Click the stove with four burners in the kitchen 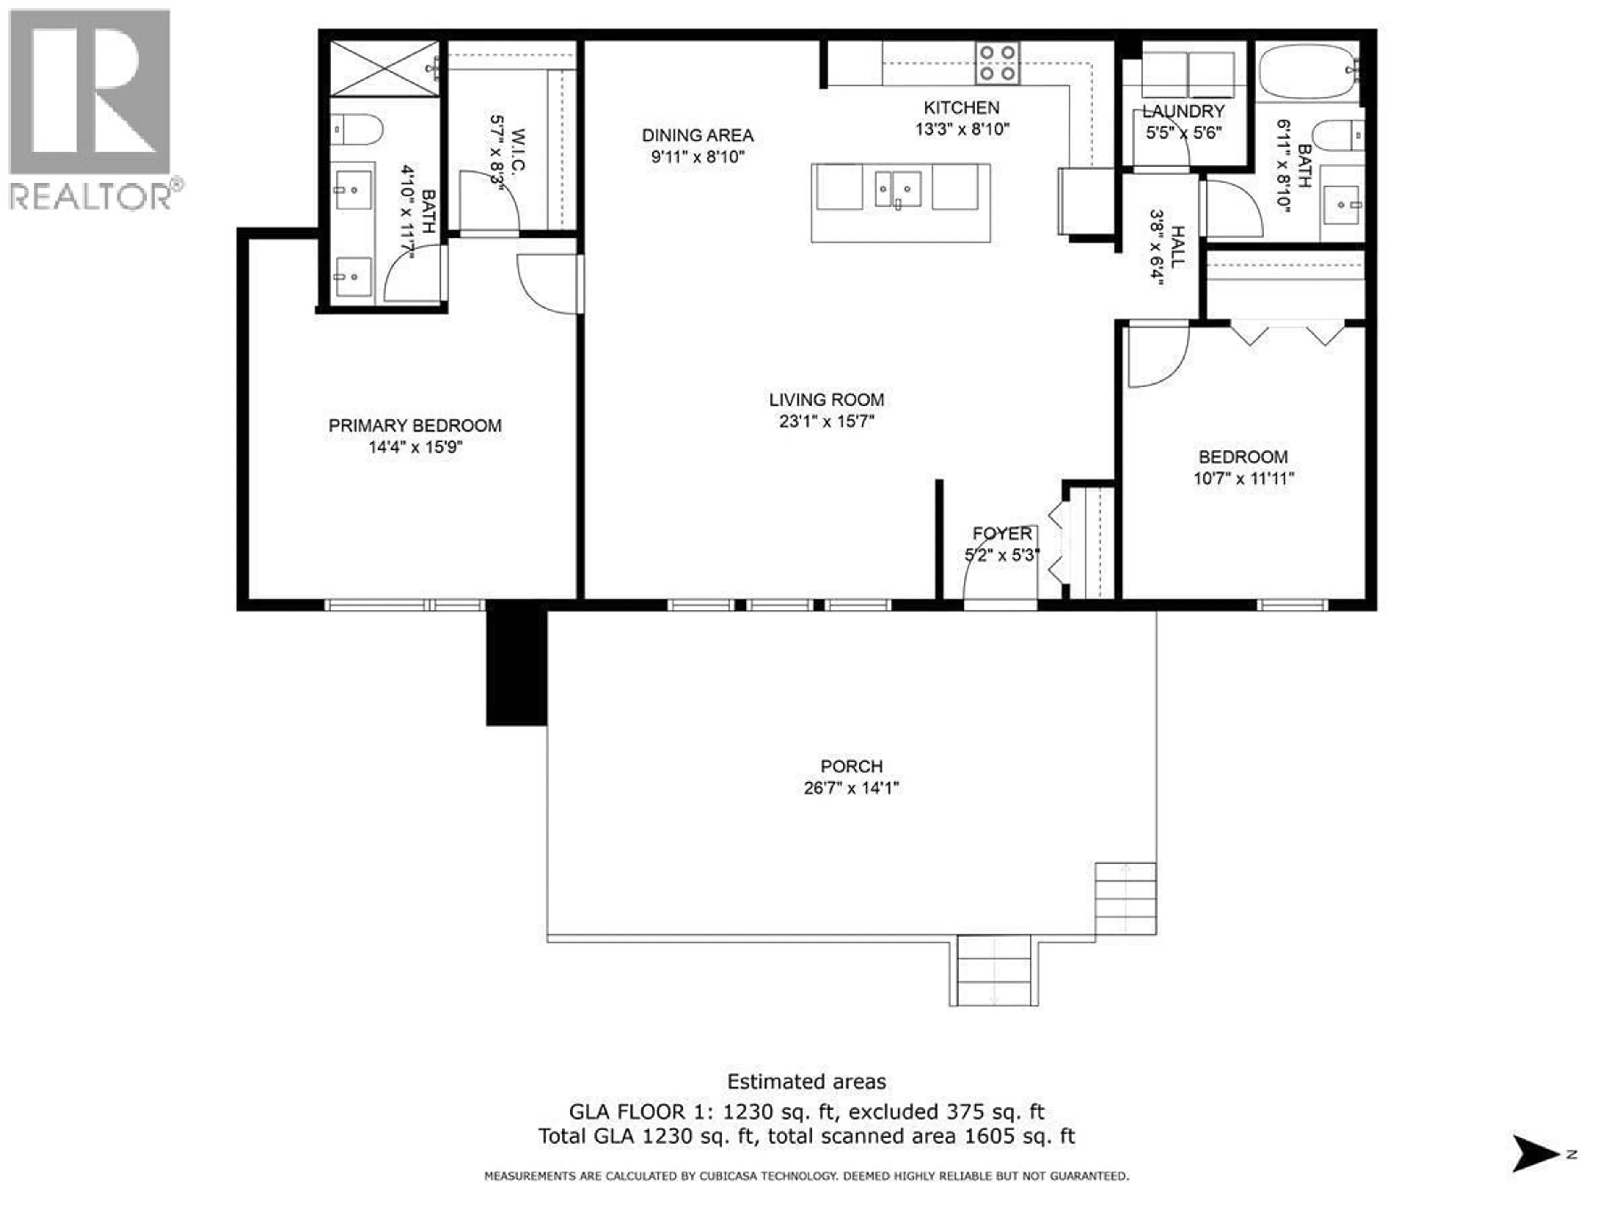(998, 63)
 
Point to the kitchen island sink (898, 189)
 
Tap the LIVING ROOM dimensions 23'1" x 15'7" (826, 421)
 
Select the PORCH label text (851, 766)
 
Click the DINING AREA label (697, 136)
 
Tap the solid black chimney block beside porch (516, 667)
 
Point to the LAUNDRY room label (1183, 112)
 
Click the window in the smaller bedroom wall (1292, 604)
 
